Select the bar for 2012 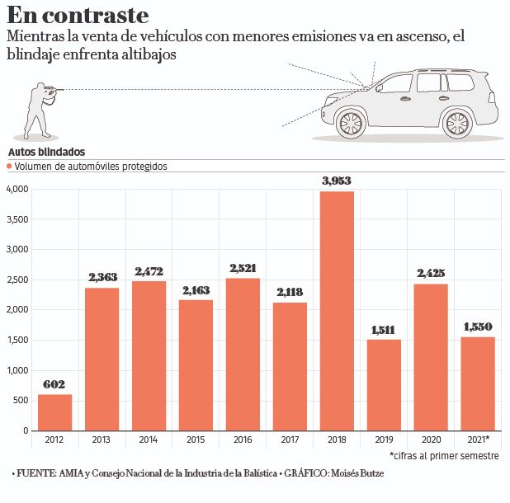point(54,412)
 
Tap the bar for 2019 point(383,385)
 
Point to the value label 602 point(54,384)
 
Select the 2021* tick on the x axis point(476,440)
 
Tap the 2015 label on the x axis point(196,440)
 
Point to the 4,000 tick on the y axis point(17,190)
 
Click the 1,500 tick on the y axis point(17,341)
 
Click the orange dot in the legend point(10,167)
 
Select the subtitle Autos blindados point(46,153)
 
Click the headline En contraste point(78,16)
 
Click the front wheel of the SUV point(350,124)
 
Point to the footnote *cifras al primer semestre point(444,455)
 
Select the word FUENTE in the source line point(38,473)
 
